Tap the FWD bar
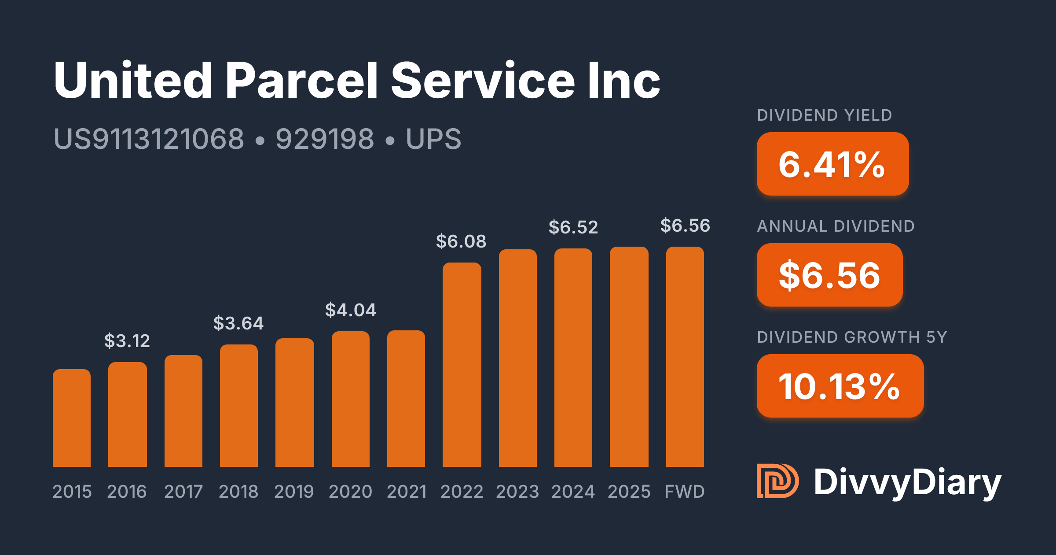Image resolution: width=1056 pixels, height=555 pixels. (x=685, y=357)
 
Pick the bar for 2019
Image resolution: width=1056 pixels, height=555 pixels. (x=294, y=403)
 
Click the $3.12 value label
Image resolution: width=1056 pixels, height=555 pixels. (x=127, y=341)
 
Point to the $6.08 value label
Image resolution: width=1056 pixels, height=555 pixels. (x=461, y=241)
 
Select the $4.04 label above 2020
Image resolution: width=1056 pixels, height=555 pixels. (x=351, y=310)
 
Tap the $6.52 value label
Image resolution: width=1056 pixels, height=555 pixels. (x=573, y=227)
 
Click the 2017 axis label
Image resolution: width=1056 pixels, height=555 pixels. (x=183, y=492)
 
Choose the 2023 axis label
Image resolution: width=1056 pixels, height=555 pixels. (x=517, y=492)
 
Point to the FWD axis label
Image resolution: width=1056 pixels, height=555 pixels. (x=685, y=492)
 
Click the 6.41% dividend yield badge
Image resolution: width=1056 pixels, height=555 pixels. (x=832, y=164)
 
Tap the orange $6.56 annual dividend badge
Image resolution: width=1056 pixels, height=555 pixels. (x=829, y=275)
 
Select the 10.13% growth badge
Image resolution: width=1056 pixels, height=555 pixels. (x=840, y=386)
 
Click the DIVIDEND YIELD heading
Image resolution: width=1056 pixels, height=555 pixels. (x=825, y=115)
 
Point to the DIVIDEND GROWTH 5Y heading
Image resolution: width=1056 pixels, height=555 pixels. (x=852, y=337)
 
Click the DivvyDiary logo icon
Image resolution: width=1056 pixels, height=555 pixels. (x=777, y=481)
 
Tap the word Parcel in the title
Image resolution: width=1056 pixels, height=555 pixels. (x=302, y=81)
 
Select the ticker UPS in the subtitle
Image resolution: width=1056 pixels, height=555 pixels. (x=433, y=139)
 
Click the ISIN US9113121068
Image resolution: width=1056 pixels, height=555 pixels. (x=149, y=139)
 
